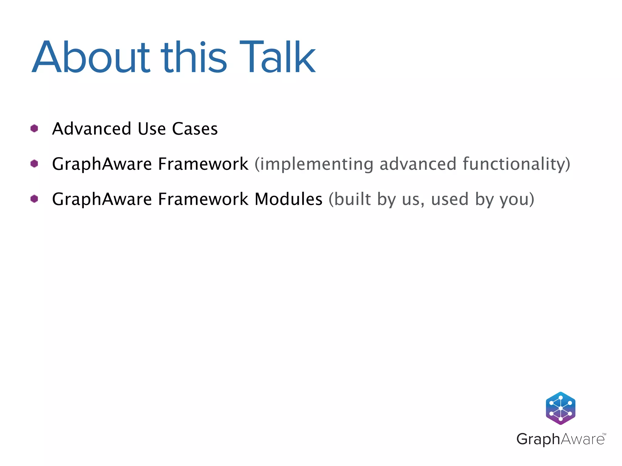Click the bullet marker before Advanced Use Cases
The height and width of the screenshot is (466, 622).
tap(34, 128)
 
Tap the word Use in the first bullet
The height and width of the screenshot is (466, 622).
tap(152, 129)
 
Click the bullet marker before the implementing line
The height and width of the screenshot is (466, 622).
tap(34, 164)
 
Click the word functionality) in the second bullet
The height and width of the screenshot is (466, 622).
tap(516, 164)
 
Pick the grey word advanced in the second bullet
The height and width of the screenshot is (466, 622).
tap(418, 164)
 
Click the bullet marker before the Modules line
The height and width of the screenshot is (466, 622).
tap(34, 199)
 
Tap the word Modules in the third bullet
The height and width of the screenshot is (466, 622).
tap(288, 199)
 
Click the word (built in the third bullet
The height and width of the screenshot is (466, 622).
tap(350, 199)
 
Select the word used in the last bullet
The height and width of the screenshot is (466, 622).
tap(450, 199)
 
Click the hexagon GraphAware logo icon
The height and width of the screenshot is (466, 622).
tap(560, 408)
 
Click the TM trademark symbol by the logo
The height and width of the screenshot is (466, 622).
tap(604, 434)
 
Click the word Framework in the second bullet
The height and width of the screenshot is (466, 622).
tap(203, 164)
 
